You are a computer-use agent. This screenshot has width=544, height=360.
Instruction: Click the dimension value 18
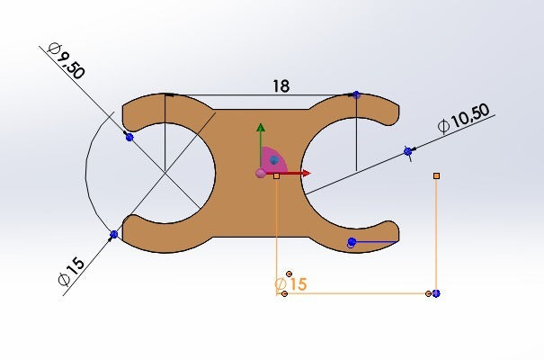281,86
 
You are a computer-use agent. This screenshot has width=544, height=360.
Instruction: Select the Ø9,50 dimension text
67,61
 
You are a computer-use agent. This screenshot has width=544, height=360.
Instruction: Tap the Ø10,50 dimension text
463,118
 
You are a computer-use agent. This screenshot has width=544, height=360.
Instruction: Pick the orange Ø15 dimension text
290,284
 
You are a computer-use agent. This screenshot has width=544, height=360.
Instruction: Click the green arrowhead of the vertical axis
261,128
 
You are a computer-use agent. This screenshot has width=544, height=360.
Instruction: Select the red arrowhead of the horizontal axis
306,173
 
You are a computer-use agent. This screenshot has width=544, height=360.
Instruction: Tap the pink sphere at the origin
261,173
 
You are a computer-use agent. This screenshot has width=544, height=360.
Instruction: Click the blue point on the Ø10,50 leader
408,151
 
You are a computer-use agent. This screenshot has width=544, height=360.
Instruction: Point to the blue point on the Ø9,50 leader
129,138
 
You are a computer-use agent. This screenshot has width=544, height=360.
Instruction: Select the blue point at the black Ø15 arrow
114,235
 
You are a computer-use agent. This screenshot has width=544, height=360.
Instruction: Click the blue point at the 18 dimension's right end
356,94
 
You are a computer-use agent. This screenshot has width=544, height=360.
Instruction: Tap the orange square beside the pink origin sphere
277,176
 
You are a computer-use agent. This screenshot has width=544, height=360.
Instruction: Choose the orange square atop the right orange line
436,176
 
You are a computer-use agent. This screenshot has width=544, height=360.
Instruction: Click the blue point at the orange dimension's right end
436,293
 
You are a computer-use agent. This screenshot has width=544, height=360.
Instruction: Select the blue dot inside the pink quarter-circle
274,160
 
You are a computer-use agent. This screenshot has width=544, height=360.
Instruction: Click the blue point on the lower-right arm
352,241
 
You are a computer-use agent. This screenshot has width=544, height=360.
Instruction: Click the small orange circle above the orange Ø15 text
289,274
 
